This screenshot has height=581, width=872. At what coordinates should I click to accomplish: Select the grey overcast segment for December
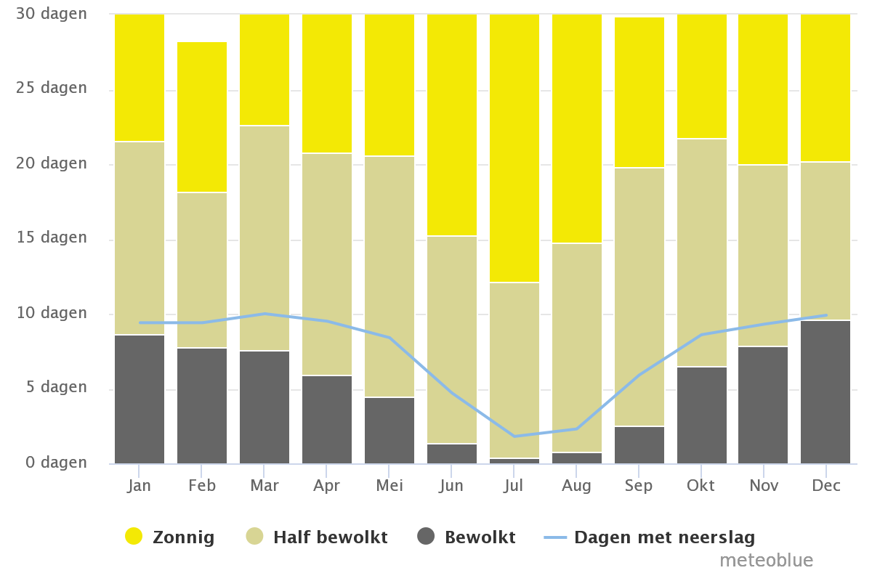click(x=825, y=391)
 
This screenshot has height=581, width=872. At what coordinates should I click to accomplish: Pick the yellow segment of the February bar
click(x=202, y=116)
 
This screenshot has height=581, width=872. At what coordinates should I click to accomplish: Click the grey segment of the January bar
click(x=140, y=399)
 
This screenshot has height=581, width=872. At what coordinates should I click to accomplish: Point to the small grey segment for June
click(x=452, y=453)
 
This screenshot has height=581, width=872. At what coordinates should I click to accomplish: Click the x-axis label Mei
click(x=389, y=486)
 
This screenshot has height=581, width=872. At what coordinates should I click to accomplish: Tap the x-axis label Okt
click(x=701, y=486)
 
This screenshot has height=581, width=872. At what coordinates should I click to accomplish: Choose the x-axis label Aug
click(x=576, y=486)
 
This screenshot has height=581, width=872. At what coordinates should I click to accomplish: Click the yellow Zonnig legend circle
click(x=134, y=537)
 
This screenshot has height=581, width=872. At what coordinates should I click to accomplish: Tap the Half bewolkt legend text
click(x=330, y=537)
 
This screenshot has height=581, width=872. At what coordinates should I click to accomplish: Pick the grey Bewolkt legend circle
click(x=426, y=537)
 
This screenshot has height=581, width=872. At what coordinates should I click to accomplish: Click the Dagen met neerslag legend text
click(x=664, y=537)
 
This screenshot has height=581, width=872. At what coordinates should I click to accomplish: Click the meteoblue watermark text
click(x=766, y=561)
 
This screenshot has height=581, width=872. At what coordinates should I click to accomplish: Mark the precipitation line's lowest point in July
click(x=514, y=436)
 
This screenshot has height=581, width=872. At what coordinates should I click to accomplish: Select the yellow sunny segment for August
click(x=577, y=128)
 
